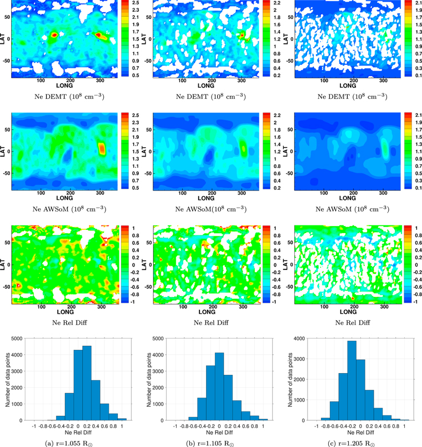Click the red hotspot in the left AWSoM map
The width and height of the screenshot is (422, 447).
pyautogui.click(x=102, y=149)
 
